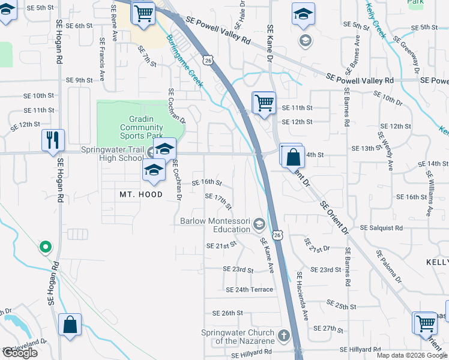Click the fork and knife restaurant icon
(53, 140)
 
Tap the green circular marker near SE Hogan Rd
(44, 246)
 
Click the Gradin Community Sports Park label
(141, 127)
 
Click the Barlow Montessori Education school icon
(259, 224)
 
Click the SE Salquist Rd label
(381, 228)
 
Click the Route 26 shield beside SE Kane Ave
(277, 236)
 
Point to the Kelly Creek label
(376, 19)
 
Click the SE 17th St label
(218, 202)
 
